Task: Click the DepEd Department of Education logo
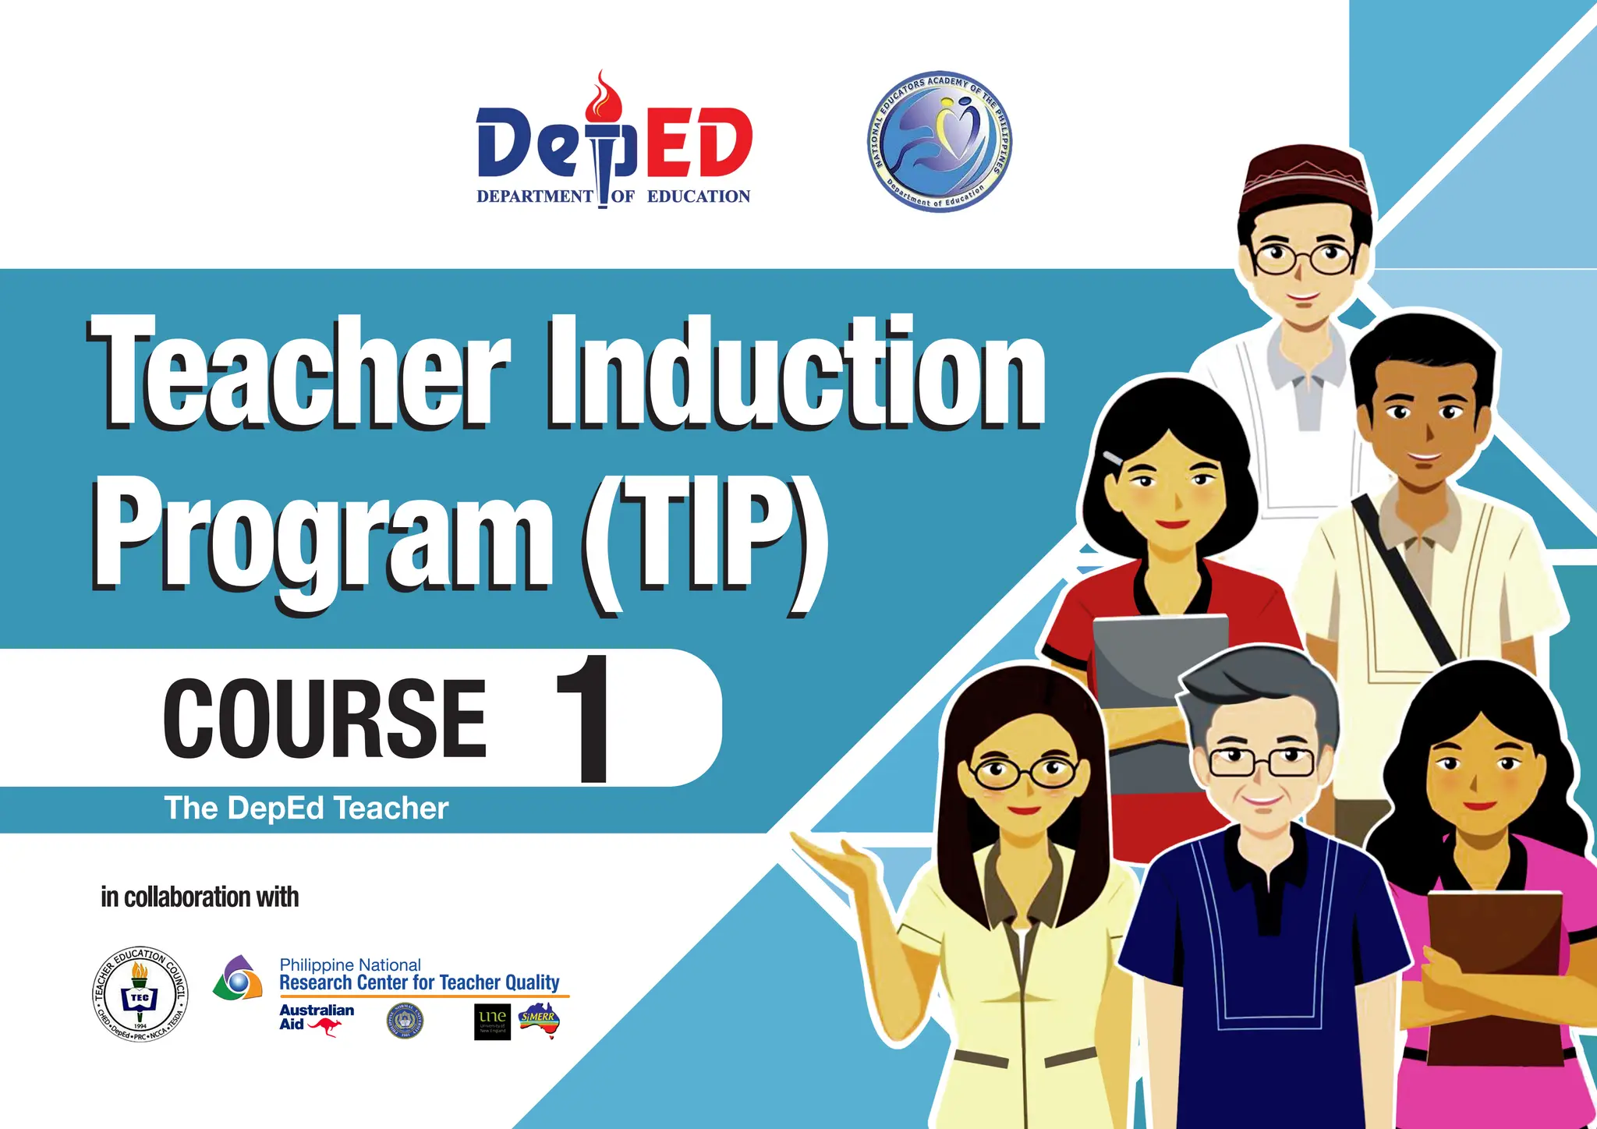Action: click(x=614, y=144)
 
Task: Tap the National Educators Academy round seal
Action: click(x=940, y=140)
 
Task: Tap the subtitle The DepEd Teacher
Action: click(x=306, y=809)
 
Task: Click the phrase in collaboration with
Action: click(x=200, y=897)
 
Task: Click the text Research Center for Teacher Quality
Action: click(x=420, y=982)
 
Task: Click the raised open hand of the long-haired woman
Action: click(x=838, y=862)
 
